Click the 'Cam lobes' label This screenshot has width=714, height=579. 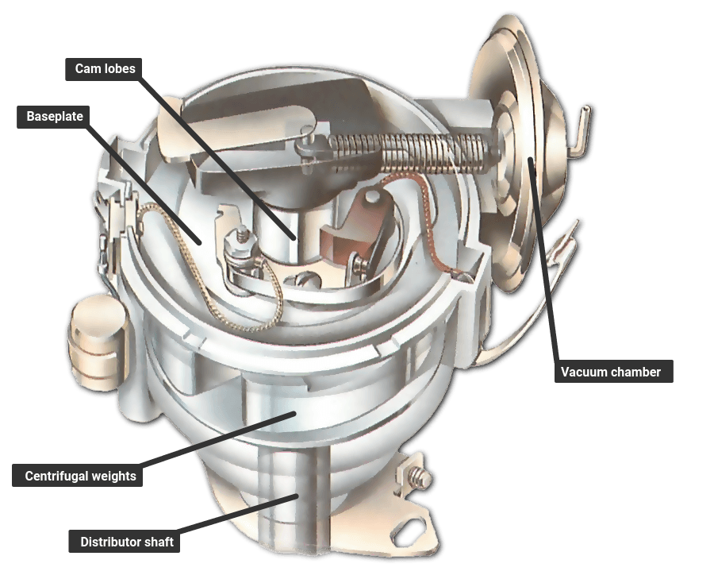point(106,68)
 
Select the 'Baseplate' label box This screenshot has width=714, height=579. point(55,117)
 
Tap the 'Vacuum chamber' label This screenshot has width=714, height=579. point(611,372)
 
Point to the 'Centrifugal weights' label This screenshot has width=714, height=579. point(80,477)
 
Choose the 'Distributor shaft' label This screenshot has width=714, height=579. point(127,542)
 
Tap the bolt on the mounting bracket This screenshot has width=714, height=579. point(418,478)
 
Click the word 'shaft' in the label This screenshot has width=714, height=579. point(157,542)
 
